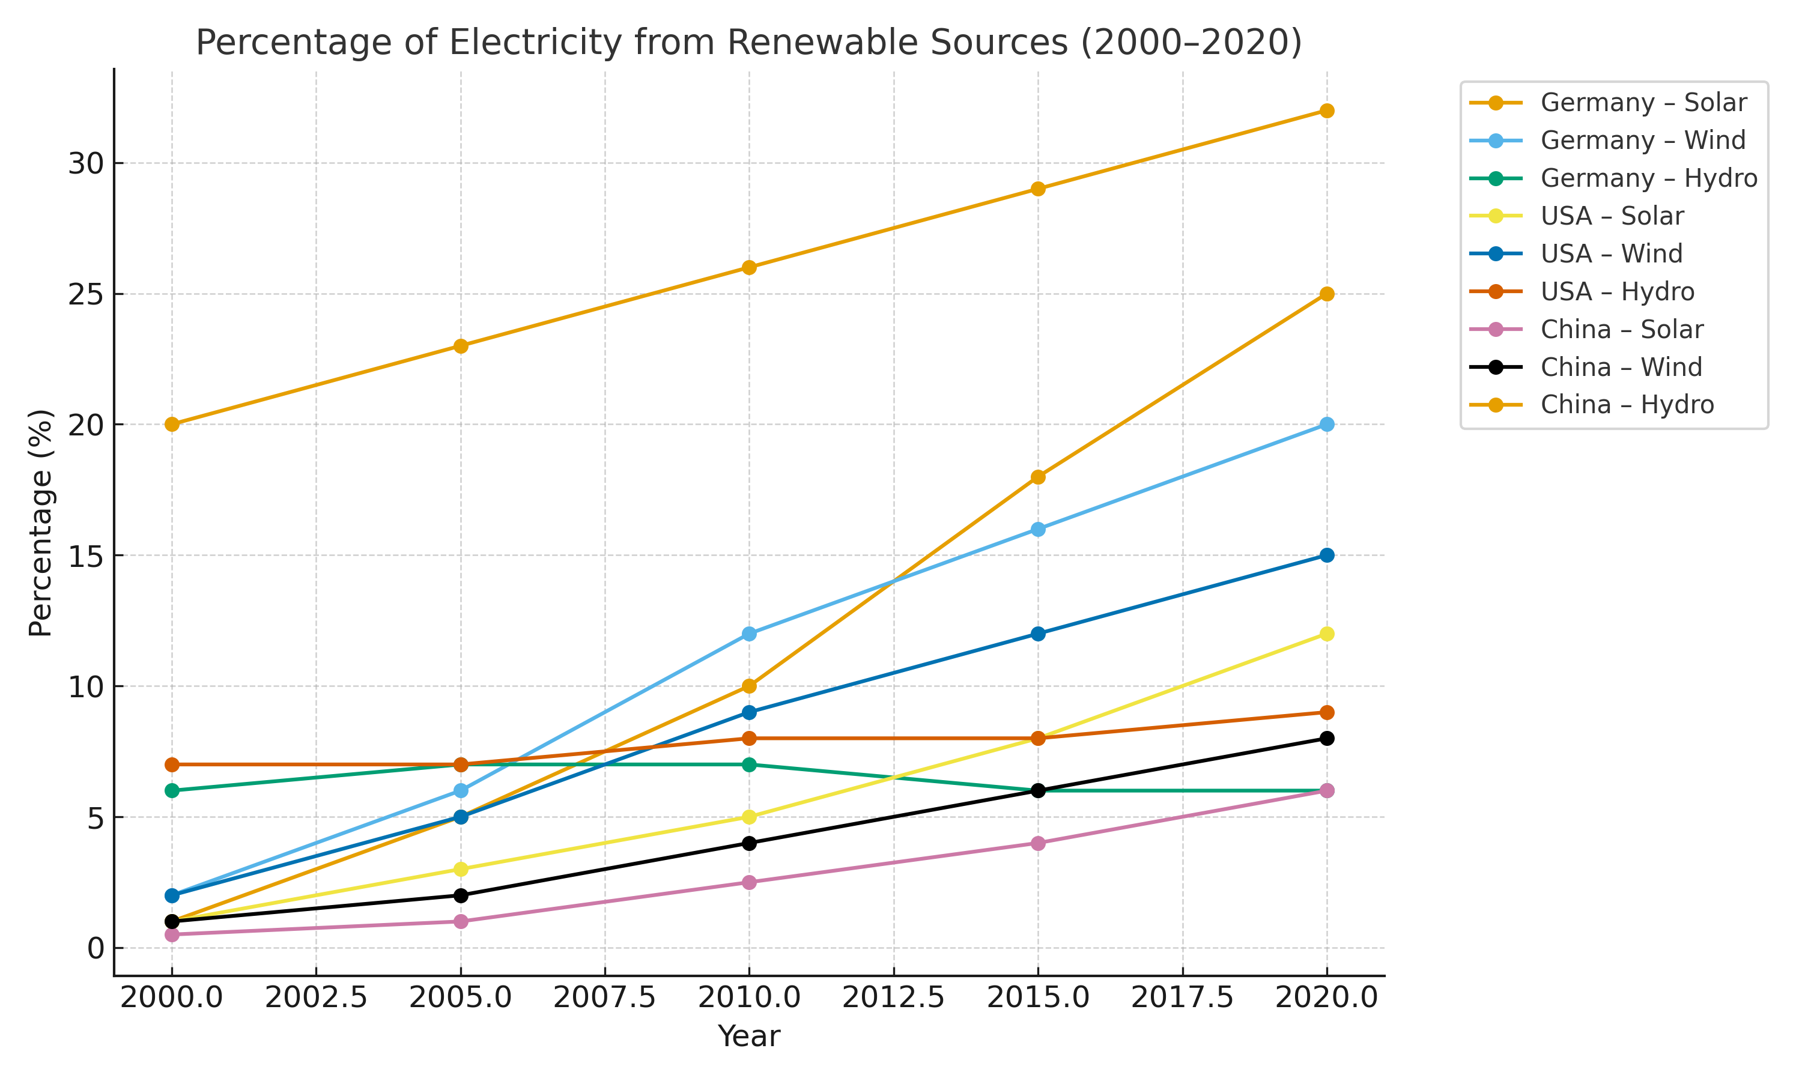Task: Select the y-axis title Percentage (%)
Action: pyautogui.click(x=41, y=522)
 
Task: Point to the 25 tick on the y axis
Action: pyautogui.click(x=86, y=294)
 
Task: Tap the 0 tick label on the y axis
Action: pyautogui.click(x=96, y=948)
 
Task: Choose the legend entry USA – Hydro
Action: pyautogui.click(x=1617, y=291)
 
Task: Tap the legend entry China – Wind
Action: pyautogui.click(x=1621, y=367)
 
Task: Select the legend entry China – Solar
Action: pyautogui.click(x=1621, y=329)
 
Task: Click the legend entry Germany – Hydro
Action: pyautogui.click(x=1648, y=178)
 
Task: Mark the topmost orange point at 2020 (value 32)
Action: pyautogui.click(x=1326, y=111)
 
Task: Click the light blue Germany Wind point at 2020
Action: pyautogui.click(x=1326, y=425)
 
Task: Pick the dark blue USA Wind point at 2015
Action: pyautogui.click(x=1038, y=634)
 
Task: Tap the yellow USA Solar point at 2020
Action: pyautogui.click(x=1326, y=634)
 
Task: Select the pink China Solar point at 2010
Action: pyautogui.click(x=749, y=882)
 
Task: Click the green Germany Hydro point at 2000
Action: pyautogui.click(x=172, y=790)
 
